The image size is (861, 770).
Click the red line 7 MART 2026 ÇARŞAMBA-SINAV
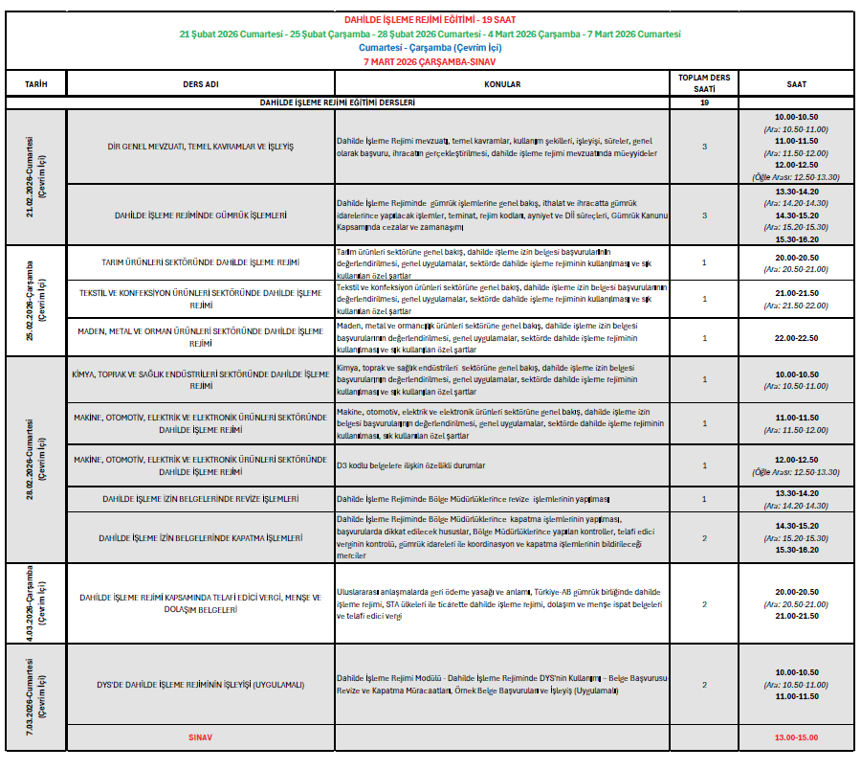tap(430, 60)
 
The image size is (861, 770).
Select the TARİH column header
tap(35, 84)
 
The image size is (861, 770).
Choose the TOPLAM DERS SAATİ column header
tap(704, 83)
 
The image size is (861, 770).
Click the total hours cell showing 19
tap(704, 102)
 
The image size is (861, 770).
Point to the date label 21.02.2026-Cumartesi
tap(35, 176)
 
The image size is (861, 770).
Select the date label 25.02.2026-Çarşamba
tap(35, 300)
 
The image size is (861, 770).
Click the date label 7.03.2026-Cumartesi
tap(35, 696)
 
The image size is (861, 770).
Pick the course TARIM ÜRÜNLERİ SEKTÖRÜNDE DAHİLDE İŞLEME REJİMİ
tap(201, 262)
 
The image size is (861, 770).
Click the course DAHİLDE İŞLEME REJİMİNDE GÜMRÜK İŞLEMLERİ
tap(201, 215)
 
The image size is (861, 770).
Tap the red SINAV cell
tap(201, 738)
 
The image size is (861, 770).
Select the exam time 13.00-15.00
tap(796, 738)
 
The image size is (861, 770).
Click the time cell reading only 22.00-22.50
tap(796, 337)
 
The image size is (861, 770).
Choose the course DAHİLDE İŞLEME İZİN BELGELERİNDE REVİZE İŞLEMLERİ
tap(201, 499)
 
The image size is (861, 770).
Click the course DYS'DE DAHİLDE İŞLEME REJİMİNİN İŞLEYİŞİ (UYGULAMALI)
tap(201, 685)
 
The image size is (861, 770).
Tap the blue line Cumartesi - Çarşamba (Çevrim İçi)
tap(430, 47)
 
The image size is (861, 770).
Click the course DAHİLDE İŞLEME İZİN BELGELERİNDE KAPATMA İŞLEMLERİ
tap(201, 538)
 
